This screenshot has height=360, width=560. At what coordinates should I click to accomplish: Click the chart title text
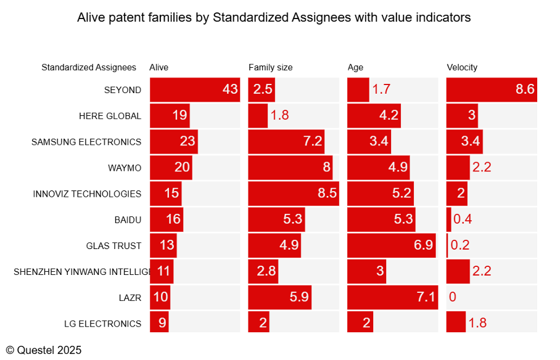click(x=274, y=17)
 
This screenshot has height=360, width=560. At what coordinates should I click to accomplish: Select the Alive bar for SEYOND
click(x=195, y=89)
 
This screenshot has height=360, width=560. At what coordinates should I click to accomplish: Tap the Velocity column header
click(x=462, y=67)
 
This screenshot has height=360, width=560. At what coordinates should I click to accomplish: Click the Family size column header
click(x=270, y=67)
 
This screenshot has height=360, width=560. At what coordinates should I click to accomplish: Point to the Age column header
click(x=355, y=68)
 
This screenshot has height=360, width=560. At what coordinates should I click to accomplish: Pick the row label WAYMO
click(x=125, y=168)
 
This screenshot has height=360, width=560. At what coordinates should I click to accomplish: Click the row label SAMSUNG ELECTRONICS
click(x=86, y=142)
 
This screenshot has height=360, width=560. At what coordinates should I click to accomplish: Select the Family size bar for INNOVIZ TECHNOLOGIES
click(x=294, y=194)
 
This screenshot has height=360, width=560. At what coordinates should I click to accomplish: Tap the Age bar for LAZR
click(x=392, y=297)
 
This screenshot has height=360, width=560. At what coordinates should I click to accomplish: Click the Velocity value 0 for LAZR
click(x=453, y=297)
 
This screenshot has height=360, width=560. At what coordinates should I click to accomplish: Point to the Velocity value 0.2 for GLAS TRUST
click(x=460, y=245)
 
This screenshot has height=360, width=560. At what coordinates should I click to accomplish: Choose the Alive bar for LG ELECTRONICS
click(x=159, y=322)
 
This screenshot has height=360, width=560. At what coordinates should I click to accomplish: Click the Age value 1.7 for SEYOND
click(x=381, y=89)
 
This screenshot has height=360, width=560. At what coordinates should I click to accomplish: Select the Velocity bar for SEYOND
click(x=492, y=89)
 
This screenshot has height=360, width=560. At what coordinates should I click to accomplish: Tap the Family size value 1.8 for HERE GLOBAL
click(x=279, y=115)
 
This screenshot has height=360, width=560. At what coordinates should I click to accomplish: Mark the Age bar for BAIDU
click(x=381, y=219)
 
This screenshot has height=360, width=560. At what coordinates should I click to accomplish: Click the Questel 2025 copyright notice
click(x=44, y=350)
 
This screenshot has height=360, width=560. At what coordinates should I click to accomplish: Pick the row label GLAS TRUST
click(x=113, y=246)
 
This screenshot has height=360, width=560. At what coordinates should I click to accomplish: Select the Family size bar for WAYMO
click(x=290, y=168)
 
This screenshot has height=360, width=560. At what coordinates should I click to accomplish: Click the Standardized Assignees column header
click(x=89, y=68)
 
